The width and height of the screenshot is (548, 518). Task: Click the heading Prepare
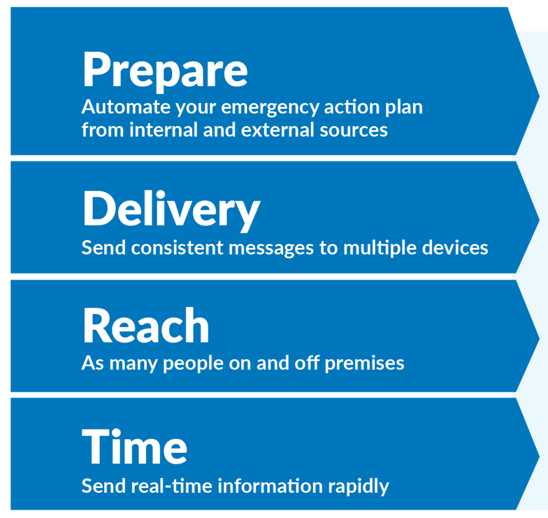pos(165,70)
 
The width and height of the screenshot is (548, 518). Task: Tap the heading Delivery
pos(171,209)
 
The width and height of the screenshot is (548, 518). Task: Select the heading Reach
pos(146,326)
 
